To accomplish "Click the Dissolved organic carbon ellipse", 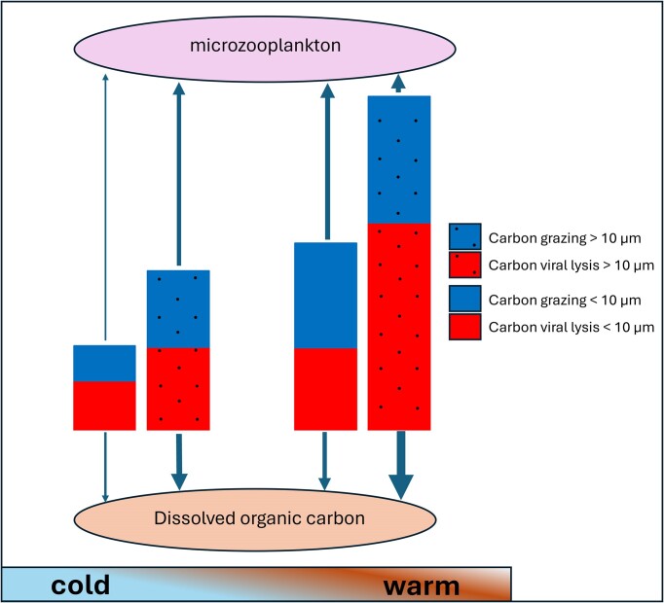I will (259, 517).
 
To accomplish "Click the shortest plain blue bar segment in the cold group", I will (104, 363).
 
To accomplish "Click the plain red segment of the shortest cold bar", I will (104, 405).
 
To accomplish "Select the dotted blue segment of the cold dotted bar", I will (178, 308).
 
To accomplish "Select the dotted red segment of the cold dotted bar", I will (178, 388).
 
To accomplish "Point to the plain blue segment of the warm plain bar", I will (326, 295).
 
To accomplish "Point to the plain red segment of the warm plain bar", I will (326, 388).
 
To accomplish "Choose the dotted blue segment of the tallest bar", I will (399, 159).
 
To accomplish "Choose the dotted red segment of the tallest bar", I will (399, 326).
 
